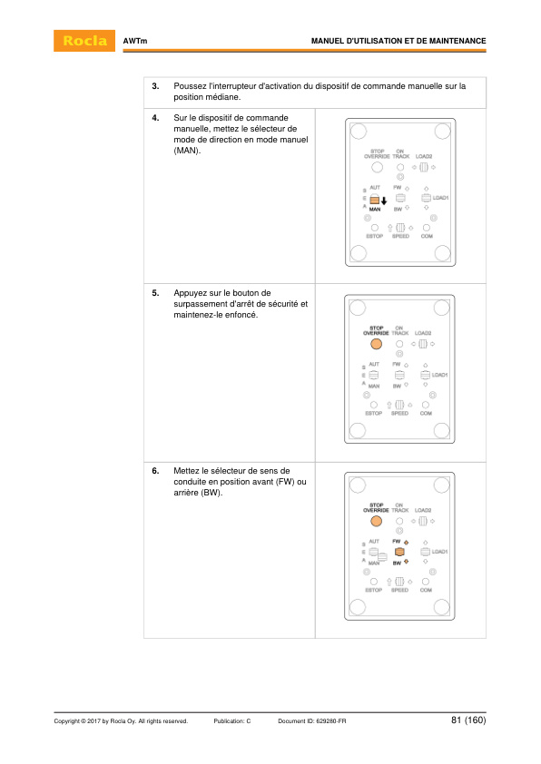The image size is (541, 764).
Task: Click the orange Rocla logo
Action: tap(85, 42)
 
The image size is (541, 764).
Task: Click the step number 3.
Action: tap(155, 86)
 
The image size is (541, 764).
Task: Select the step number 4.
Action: tap(155, 119)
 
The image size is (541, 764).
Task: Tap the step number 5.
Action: tap(155, 293)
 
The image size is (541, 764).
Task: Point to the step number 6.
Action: tap(155, 471)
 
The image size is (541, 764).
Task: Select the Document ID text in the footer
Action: tap(311, 721)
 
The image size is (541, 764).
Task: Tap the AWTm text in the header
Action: tap(135, 42)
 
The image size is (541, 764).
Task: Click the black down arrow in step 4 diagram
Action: tap(384, 201)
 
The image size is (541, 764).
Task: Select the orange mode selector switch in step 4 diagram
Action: tap(373, 201)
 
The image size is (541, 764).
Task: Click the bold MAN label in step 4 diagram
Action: tap(374, 209)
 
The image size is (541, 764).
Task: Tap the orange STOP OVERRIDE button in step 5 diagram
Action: tap(375, 345)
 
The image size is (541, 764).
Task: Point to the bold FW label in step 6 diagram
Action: tap(397, 542)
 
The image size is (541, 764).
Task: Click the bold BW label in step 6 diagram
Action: tap(397, 563)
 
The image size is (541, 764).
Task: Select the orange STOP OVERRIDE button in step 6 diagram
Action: tap(375, 522)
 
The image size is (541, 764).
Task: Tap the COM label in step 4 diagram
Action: tap(426, 237)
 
